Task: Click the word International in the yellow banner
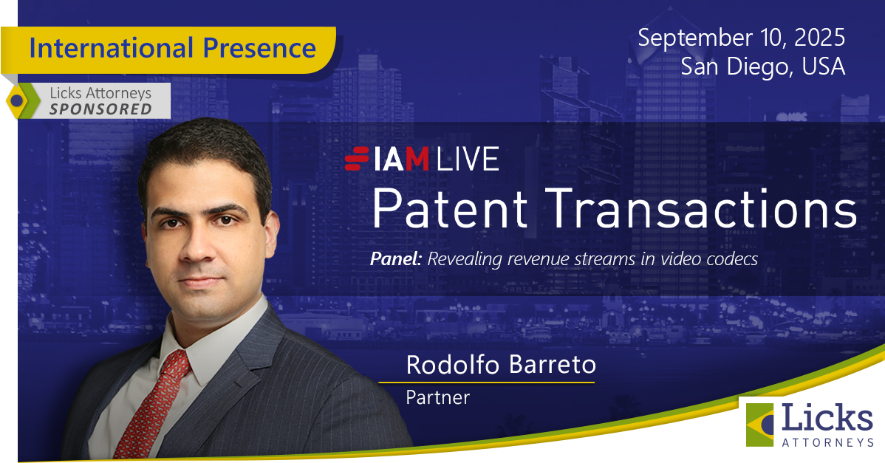(x=112, y=48)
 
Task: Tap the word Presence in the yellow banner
(x=259, y=48)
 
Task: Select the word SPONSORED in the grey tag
(x=100, y=109)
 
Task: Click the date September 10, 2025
(x=741, y=38)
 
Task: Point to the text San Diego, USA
(x=762, y=66)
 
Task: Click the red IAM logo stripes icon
(x=357, y=159)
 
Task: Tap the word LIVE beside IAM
(x=468, y=159)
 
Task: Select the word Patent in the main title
(x=450, y=209)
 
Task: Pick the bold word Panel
(x=396, y=259)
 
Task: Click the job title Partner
(x=438, y=397)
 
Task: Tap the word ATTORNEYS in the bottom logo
(x=827, y=442)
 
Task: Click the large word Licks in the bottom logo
(x=827, y=418)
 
